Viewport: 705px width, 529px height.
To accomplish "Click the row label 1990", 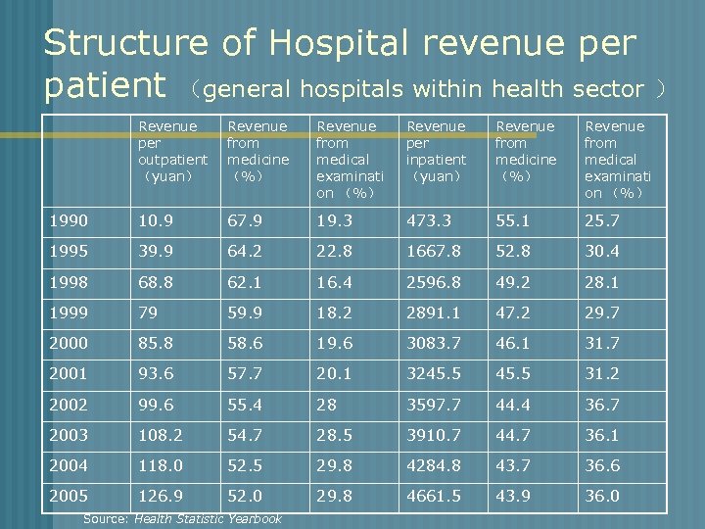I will pos(68,220).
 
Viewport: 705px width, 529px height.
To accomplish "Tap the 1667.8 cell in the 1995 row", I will pos(434,251).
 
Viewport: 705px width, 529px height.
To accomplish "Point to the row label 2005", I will pos(68,496).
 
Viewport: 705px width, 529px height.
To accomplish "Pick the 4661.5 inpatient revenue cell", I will pos(434,496).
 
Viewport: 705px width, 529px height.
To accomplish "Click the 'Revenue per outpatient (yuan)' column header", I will pos(172,151).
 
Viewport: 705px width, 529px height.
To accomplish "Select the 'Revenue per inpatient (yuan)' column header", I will pos(436,151).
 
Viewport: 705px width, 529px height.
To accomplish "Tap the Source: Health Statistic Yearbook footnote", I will pos(182,518).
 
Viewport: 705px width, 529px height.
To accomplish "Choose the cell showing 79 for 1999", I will pos(147,313).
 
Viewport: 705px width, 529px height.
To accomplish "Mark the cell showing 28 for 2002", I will pos(325,405).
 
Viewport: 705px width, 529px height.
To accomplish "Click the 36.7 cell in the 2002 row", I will pos(601,405).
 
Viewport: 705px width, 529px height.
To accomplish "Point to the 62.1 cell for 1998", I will pos(244,282).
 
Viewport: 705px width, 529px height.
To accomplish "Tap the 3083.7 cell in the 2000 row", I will pos(434,343).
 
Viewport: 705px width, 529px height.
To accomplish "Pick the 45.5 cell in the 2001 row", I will pos(513,373).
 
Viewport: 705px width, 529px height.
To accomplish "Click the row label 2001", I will pos(68,373).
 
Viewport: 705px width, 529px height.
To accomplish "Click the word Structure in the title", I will pos(125,43).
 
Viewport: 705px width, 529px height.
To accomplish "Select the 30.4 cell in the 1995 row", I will pos(601,251).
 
